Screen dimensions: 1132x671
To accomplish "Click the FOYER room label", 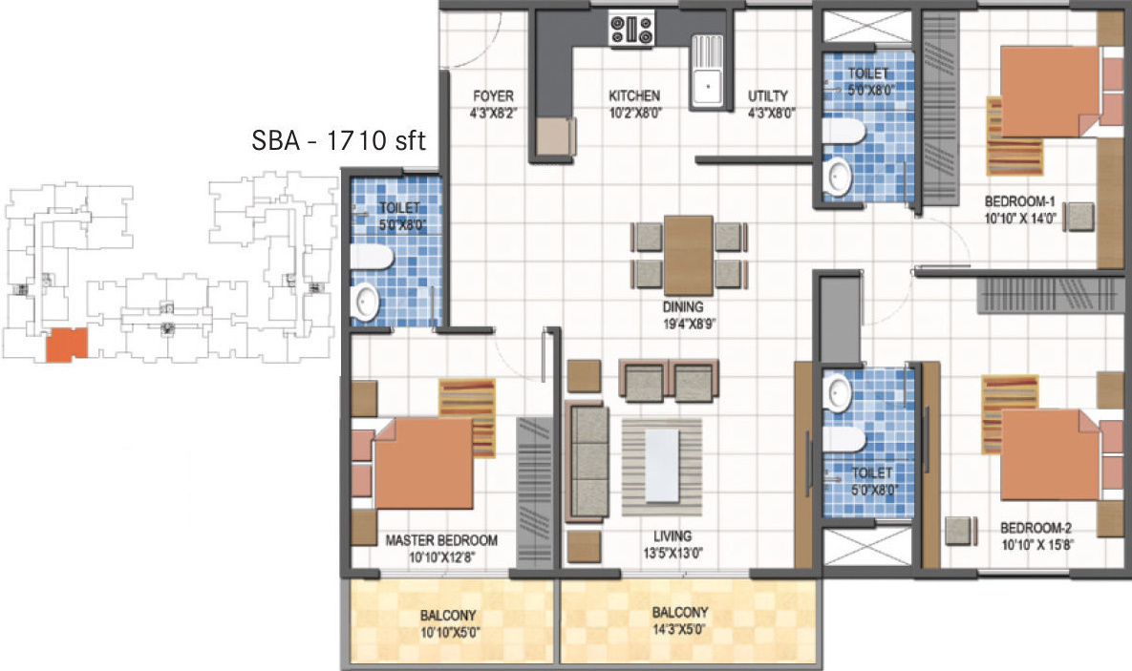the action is pyautogui.click(x=493, y=96).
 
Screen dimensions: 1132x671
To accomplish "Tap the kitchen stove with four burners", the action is pyautogui.click(x=631, y=30).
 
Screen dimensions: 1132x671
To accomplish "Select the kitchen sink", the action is pyautogui.click(x=707, y=73).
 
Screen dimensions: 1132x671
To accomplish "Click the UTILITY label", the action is pyautogui.click(x=767, y=96).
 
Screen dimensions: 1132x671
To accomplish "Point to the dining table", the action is pyautogui.click(x=689, y=256).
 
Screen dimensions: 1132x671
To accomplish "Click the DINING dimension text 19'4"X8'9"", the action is pyautogui.click(x=690, y=324).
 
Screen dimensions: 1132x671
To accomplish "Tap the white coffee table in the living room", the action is pyautogui.click(x=661, y=466).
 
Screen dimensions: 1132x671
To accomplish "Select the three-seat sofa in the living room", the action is pyautogui.click(x=586, y=461).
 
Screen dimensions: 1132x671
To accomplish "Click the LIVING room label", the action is pyautogui.click(x=673, y=536).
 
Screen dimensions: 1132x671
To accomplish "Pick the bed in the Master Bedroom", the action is pyautogui.click(x=422, y=463).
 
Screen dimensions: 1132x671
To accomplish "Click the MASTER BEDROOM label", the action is pyautogui.click(x=441, y=540).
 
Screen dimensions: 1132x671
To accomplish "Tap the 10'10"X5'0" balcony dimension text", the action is pyautogui.click(x=450, y=634).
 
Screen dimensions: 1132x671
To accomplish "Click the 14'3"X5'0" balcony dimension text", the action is pyautogui.click(x=679, y=629).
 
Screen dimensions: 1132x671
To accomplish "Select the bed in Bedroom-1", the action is pyautogui.click(x=1051, y=92).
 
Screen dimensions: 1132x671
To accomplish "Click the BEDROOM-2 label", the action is pyautogui.click(x=1036, y=528).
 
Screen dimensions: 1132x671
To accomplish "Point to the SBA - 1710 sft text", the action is pyautogui.click(x=338, y=140).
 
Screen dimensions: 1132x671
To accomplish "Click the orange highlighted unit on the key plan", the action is pyautogui.click(x=67, y=345).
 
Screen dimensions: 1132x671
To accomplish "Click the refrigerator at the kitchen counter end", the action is pyautogui.click(x=555, y=136).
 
